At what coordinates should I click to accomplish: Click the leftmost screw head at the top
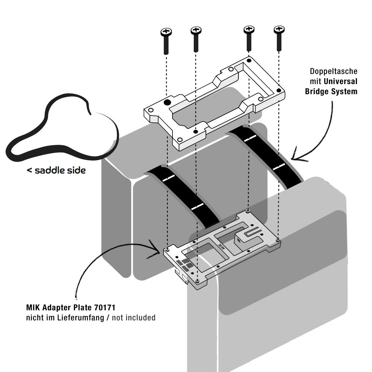(x=166, y=33)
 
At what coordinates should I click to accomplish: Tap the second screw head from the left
(x=196, y=30)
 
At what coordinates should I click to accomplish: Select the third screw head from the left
(x=248, y=29)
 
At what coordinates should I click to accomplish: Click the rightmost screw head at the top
(x=279, y=29)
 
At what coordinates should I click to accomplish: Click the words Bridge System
(x=331, y=91)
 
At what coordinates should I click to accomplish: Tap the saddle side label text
(x=56, y=170)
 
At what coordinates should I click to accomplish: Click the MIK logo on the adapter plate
(x=221, y=245)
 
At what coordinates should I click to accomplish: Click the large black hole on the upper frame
(x=167, y=103)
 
